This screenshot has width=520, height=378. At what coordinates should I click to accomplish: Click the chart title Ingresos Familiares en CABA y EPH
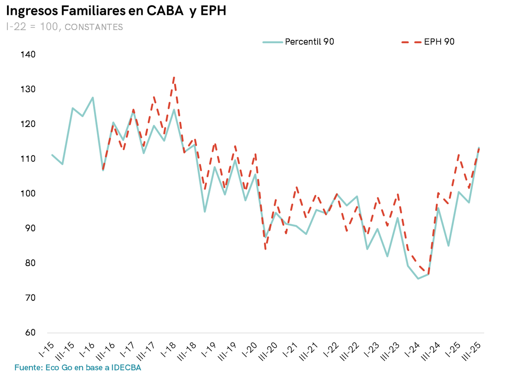(116, 11)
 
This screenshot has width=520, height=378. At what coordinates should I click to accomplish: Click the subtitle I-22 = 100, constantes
(65, 27)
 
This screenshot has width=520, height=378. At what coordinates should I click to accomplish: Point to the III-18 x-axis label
(187, 350)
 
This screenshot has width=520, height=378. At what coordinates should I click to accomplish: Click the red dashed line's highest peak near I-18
(174, 77)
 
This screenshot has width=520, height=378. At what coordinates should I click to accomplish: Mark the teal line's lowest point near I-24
(418, 278)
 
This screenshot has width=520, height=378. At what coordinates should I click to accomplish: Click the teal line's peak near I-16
(93, 98)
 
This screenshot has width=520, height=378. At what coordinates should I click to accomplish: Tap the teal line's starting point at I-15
(52, 155)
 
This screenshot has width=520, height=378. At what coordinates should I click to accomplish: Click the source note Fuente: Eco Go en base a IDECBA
(78, 368)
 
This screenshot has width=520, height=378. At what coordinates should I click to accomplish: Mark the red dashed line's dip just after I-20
(265, 249)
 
